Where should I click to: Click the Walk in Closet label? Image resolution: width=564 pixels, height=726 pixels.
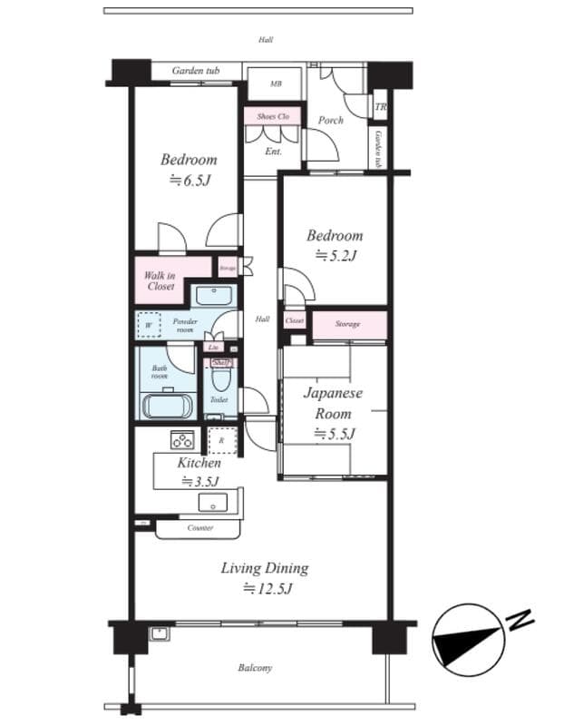tap(160, 280)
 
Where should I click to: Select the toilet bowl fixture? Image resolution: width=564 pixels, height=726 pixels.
tap(220, 378)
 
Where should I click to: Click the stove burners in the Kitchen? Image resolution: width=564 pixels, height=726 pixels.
tap(182, 440)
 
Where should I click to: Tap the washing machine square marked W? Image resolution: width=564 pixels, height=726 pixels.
tap(148, 323)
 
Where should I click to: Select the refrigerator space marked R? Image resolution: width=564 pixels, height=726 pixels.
tap(220, 440)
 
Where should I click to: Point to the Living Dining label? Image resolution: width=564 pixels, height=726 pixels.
tap(265, 569)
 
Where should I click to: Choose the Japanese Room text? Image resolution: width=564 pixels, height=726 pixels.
tap(333, 403)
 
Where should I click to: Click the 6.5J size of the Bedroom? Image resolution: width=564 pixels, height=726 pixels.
tap(189, 180)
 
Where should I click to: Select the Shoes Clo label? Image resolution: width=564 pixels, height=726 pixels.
tap(272, 116)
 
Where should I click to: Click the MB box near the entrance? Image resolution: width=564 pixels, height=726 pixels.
tap(276, 83)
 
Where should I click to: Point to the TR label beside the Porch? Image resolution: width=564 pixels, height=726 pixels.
tap(380, 106)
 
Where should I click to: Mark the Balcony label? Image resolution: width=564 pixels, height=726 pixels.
tap(255, 669)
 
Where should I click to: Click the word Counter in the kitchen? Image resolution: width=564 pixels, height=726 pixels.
tap(200, 527)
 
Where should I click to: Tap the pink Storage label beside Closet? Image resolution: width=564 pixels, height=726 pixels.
tap(347, 324)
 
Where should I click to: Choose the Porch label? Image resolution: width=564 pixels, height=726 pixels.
tap(331, 120)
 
